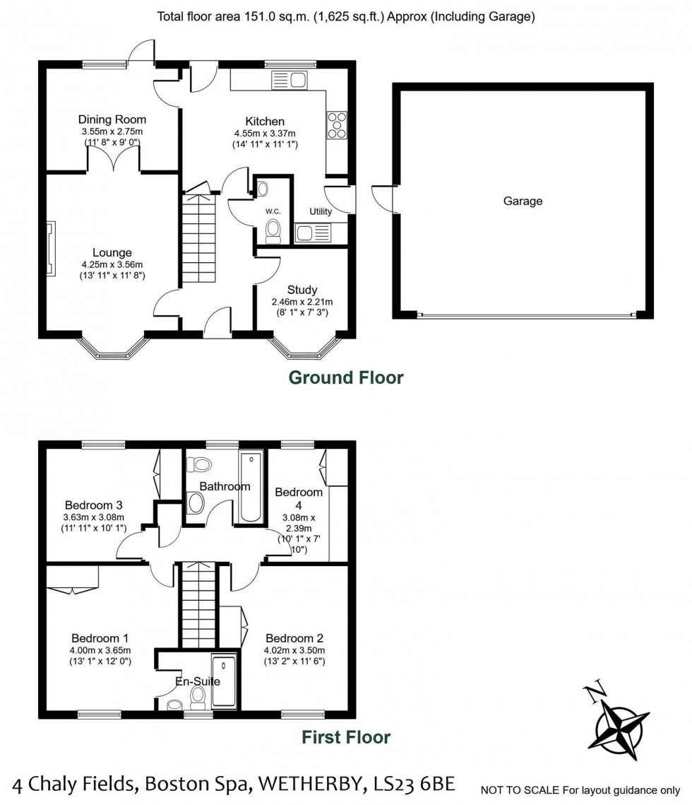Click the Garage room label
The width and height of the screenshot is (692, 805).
(x=523, y=201)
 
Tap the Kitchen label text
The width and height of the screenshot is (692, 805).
(x=265, y=122)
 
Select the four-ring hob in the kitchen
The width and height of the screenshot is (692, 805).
(x=336, y=125)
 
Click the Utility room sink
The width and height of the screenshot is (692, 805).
(x=313, y=232)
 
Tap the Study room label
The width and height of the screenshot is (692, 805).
(x=302, y=290)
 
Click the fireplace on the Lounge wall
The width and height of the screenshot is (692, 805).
(x=51, y=247)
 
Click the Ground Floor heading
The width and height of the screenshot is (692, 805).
(x=346, y=378)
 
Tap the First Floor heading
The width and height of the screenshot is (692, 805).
(x=346, y=738)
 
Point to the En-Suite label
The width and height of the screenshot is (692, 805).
(x=198, y=682)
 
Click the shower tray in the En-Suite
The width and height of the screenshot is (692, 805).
(x=225, y=682)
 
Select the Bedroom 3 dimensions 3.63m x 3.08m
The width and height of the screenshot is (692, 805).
(x=93, y=517)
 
